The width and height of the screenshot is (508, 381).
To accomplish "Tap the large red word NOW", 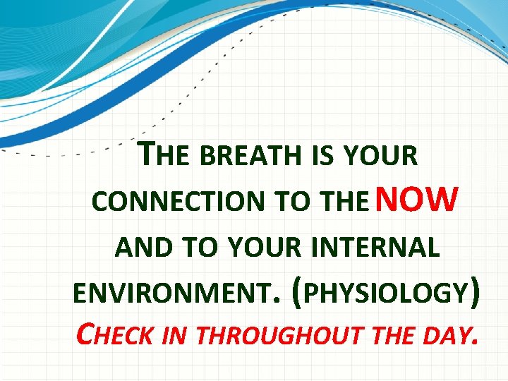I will point(418,199).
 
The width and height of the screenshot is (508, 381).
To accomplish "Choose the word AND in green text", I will point(140,248).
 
